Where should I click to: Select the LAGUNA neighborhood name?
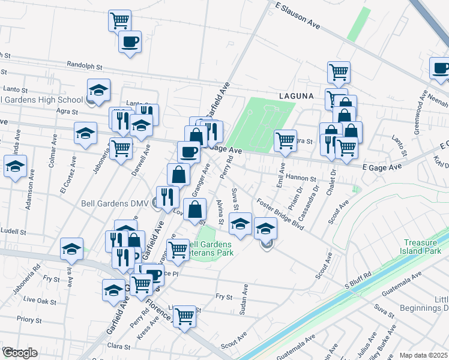pyautogui.click(x=296, y=95)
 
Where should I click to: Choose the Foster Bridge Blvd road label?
pyautogui.click(x=280, y=215)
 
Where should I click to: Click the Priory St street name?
pyautogui.click(x=29, y=320)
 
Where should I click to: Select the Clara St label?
pyautogui.click(x=119, y=347)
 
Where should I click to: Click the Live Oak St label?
pyautogui.click(x=37, y=298)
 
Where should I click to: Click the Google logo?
pyautogui.click(x=19, y=353)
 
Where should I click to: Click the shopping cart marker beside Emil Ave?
pyautogui.click(x=286, y=141)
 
